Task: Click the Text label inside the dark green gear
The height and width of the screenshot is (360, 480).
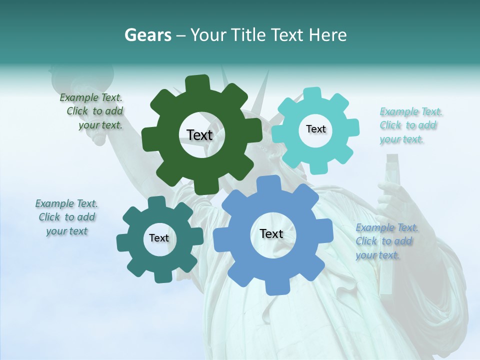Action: pos(199,135)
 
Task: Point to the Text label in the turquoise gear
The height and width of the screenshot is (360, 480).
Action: pos(315,129)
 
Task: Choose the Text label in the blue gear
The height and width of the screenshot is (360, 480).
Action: pos(271,234)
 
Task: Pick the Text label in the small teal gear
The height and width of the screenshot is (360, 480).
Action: pos(159,238)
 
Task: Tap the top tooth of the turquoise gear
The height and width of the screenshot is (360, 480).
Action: pos(312,94)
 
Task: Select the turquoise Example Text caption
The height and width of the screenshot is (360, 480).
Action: pos(410,125)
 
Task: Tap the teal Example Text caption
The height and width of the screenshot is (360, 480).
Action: pos(66,217)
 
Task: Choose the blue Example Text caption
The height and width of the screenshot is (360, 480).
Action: pos(386,241)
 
